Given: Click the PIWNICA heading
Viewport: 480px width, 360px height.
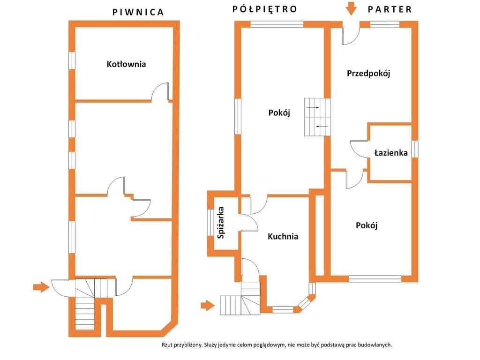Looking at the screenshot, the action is tap(138, 12).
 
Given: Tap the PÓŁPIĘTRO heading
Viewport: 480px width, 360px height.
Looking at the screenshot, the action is tap(265, 9).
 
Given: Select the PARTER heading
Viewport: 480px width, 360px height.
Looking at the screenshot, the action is tap(390, 9).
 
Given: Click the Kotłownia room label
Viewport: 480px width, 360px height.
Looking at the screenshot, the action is tap(126, 64).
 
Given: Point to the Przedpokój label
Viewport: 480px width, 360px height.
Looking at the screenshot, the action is tap(368, 74).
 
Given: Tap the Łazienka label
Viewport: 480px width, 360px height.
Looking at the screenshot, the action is tap(391, 152).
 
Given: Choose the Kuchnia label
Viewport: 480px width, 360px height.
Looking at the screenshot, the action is tap(283, 236).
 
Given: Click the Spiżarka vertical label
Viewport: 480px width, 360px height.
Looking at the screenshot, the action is tap(221, 223).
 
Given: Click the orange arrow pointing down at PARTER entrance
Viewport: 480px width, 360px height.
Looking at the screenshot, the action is tap(351, 8).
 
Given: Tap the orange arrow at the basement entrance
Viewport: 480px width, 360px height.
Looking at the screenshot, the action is tap(41, 287).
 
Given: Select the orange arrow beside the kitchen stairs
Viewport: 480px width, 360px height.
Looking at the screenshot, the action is tap(208, 305).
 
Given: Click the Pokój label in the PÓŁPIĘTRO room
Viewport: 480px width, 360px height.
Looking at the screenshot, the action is tap(279, 113).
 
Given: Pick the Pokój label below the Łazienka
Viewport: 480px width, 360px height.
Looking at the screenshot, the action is tap(367, 225).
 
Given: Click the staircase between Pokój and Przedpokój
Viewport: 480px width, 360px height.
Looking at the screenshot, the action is tap(317, 117).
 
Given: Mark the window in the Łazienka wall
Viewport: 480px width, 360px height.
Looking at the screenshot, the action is tap(414, 149).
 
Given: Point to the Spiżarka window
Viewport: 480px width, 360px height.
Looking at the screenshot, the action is tap(210, 223).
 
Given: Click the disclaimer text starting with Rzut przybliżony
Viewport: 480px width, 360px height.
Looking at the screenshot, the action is tap(277, 345).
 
